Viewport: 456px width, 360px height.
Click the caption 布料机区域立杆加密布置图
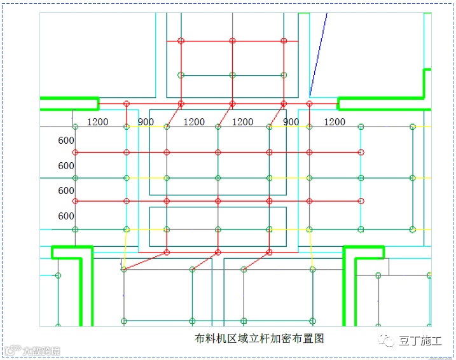click(x=259, y=338)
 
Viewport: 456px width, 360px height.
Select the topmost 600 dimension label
click(x=66, y=141)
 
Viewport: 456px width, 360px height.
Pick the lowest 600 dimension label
click(x=66, y=216)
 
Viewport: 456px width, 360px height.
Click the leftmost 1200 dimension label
click(x=97, y=122)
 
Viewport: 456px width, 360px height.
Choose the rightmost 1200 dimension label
click(x=335, y=122)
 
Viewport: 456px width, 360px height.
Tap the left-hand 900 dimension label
click(x=146, y=122)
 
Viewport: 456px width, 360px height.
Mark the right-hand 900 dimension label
click(x=291, y=122)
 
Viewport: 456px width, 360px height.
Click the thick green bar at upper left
click(x=69, y=102)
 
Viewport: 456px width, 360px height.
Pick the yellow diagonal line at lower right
click(x=311, y=249)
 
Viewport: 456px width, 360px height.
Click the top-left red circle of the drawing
click(x=181, y=41)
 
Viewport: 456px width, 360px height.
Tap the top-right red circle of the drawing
click(x=284, y=41)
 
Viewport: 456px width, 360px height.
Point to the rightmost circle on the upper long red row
click(x=361, y=153)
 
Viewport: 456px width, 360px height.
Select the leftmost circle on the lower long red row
click(x=75, y=202)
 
